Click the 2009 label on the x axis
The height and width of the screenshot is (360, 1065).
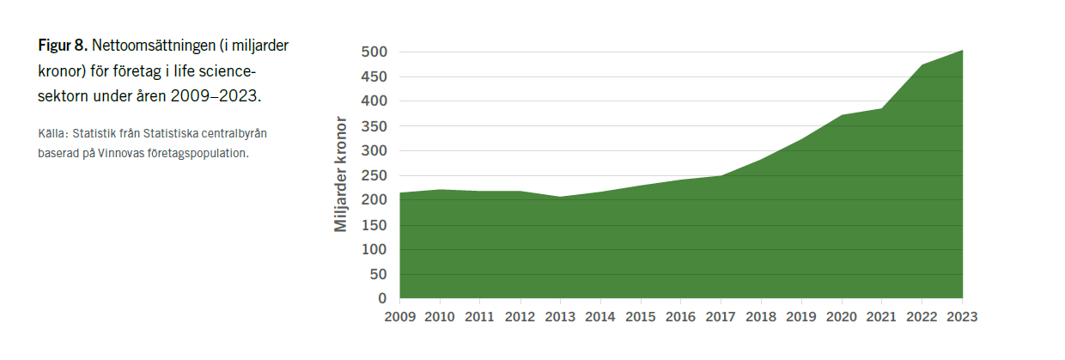coord(400,316)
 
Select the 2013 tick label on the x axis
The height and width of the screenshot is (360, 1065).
coord(561,316)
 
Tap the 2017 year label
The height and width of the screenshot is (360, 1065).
coord(721,316)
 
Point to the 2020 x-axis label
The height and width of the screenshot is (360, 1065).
coord(842,316)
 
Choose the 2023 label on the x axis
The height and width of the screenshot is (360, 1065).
coord(962,316)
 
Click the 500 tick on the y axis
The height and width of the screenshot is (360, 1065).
coord(375,52)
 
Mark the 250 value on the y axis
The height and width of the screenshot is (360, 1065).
coord(375,175)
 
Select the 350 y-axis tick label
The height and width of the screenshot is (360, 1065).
coord(375,126)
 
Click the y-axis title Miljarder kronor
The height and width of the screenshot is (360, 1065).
coord(341,174)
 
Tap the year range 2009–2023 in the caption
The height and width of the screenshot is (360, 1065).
coord(215,95)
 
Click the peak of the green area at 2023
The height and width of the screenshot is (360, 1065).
coord(962,51)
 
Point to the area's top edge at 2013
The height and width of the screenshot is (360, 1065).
coord(561,197)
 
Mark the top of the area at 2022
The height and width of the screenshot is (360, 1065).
coord(922,65)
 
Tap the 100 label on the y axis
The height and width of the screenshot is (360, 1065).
coord(375,249)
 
